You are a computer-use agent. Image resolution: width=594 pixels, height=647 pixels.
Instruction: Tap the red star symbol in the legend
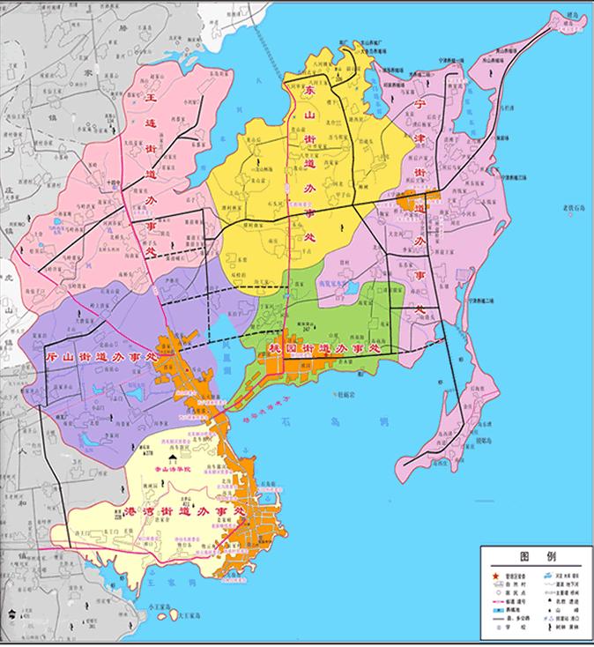click(x=493, y=571)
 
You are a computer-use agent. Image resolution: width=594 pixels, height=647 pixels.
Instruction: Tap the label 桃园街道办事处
click(x=322, y=350)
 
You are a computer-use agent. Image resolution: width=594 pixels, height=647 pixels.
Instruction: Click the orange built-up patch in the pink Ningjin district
click(x=414, y=200)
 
